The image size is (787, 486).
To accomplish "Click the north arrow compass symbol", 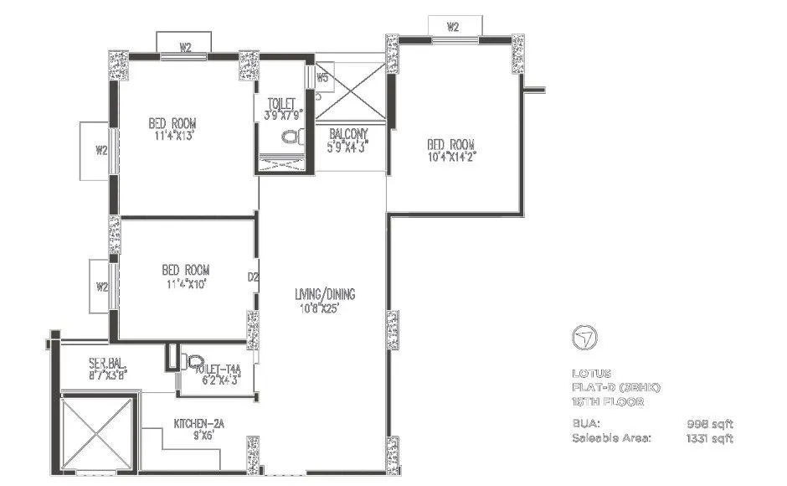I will click(583, 338).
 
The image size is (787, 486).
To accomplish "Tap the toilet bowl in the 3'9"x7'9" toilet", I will click(290, 137).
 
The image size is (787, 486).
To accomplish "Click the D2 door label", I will click(252, 276).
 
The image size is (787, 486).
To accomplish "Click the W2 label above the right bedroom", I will click(453, 27).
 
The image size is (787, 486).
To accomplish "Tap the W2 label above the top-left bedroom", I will click(186, 46).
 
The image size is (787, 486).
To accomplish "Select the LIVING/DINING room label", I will click(325, 294).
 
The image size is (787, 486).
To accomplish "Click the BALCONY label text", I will click(347, 133).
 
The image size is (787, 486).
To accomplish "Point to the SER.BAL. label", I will click(107, 364).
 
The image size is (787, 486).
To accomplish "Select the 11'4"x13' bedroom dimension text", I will click(174, 135).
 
